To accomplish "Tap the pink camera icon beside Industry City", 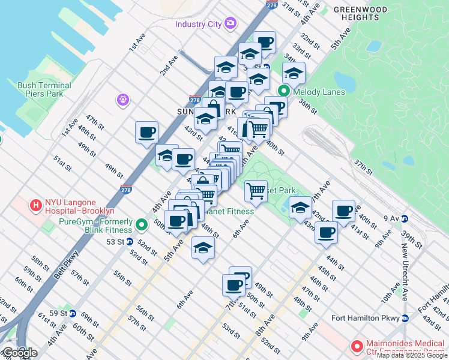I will coord(230,23).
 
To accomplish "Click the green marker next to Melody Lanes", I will coord(284,92).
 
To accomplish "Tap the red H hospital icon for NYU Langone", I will coord(36,205).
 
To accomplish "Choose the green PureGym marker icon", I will coord(142,225).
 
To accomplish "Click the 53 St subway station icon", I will coord(129,242).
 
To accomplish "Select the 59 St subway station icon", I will coord(72,313).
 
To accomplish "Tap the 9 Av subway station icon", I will coord(405,218).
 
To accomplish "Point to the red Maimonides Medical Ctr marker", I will coord(357,346).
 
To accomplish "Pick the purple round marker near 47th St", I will coord(124,99).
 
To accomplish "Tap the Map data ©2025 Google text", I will coord(411,355).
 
